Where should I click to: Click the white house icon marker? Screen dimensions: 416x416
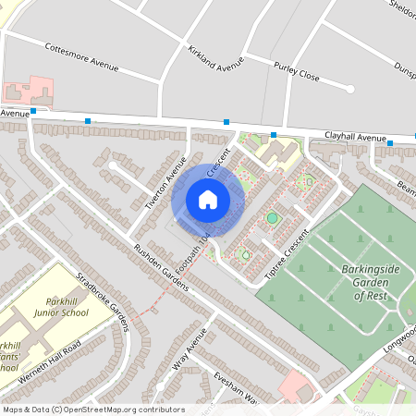coord(208,199)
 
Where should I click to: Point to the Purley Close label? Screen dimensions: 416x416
coord(297,72)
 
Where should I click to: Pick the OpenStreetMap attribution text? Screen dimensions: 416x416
coord(93,410)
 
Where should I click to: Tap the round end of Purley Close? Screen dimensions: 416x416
coord(350,89)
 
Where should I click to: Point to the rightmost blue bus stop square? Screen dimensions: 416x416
coord(390,143)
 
